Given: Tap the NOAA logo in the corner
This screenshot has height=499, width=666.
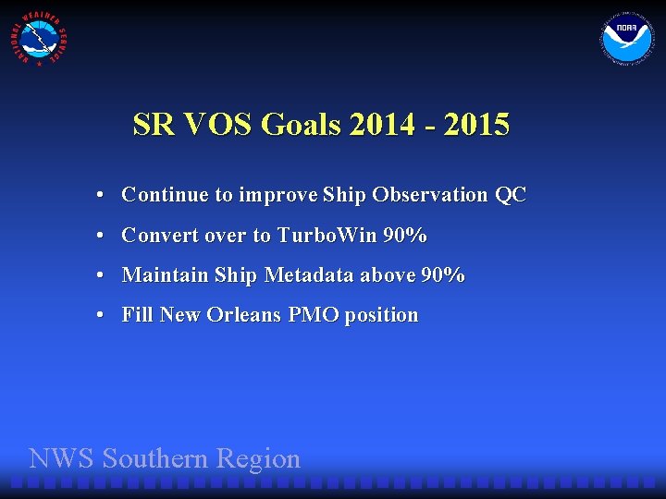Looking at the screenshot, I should tap(626, 40).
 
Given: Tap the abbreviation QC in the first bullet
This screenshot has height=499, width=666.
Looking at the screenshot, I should tap(510, 195).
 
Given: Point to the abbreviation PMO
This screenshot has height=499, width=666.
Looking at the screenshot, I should tap(314, 315).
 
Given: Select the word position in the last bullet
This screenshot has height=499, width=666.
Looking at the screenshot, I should tap(381, 316).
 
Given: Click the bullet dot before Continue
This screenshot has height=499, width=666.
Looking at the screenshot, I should tap(98, 196).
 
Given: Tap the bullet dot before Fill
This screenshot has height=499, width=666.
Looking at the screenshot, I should tap(98, 316).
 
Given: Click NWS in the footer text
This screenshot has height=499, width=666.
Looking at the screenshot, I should tap(63, 458).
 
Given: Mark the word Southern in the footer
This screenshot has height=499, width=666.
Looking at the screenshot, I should tap(156, 458).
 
